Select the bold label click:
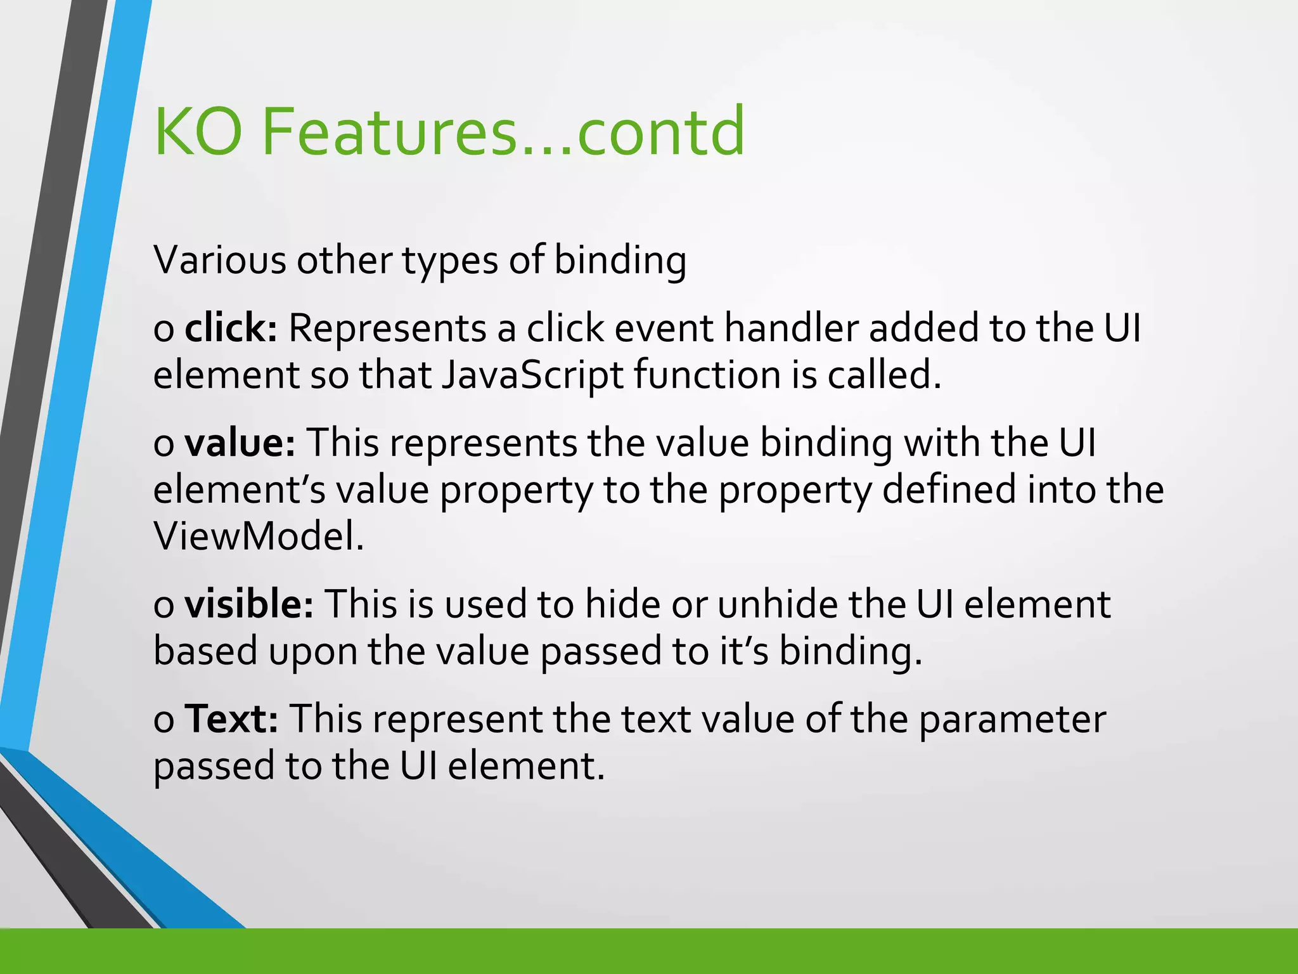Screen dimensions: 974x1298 pyautogui.click(x=231, y=328)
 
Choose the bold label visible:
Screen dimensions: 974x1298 pyautogui.click(x=248, y=604)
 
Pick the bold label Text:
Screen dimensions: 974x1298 pyautogui.click(x=231, y=719)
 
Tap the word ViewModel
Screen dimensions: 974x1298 pyautogui.click(x=259, y=536)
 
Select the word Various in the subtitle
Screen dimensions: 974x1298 pyautogui.click(x=219, y=260)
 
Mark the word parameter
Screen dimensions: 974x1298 pyautogui.click(x=1012, y=720)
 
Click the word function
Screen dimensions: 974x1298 pyautogui.click(x=707, y=375)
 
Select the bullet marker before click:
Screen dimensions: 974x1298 pyautogui.click(x=164, y=330)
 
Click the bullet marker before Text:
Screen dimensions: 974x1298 pyautogui.click(x=164, y=721)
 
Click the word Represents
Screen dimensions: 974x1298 pyautogui.click(x=387, y=329)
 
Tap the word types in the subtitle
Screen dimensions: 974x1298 pyautogui.click(x=450, y=261)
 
